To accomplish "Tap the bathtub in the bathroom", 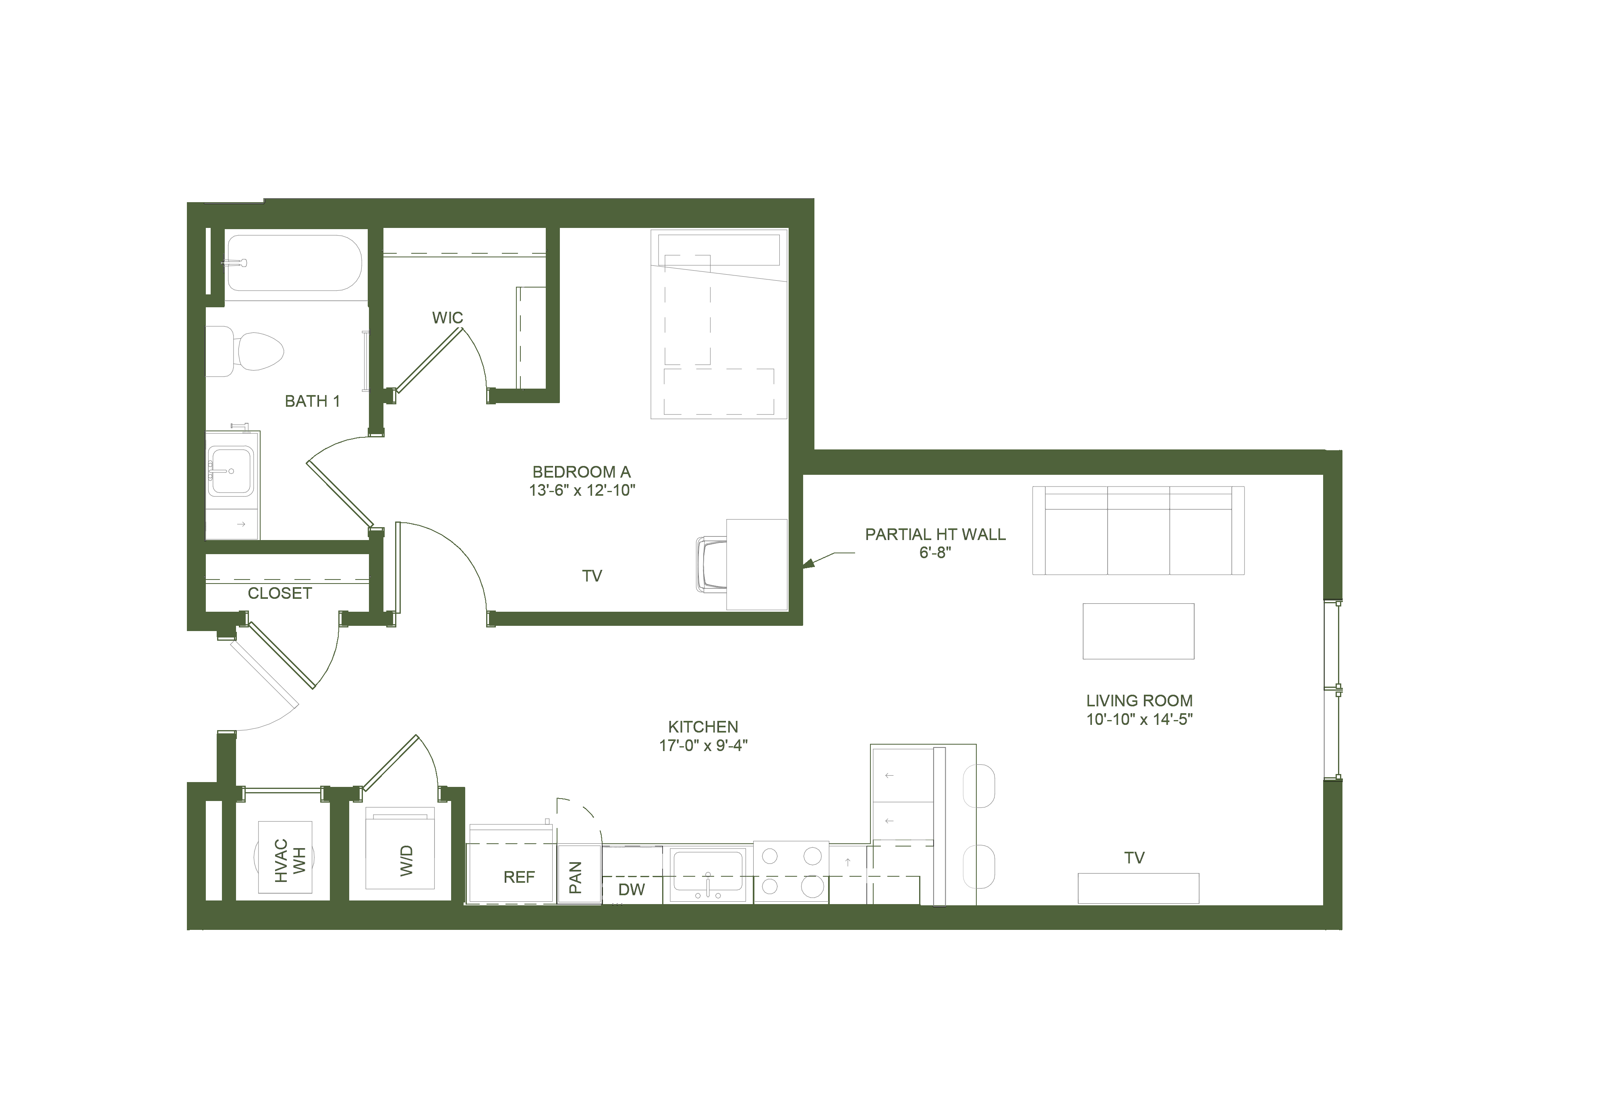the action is tap(294, 263).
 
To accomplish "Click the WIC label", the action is tap(447, 318).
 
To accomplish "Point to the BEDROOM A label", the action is tap(581, 472).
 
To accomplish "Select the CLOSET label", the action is tap(280, 593).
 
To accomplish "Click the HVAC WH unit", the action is tap(286, 857).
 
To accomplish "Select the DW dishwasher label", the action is tap(632, 890).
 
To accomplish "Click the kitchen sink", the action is tap(708, 875).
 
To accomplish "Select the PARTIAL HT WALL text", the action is tap(935, 534).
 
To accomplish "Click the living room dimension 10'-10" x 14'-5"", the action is tap(1139, 719).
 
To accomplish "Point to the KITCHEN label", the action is tap(703, 727).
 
